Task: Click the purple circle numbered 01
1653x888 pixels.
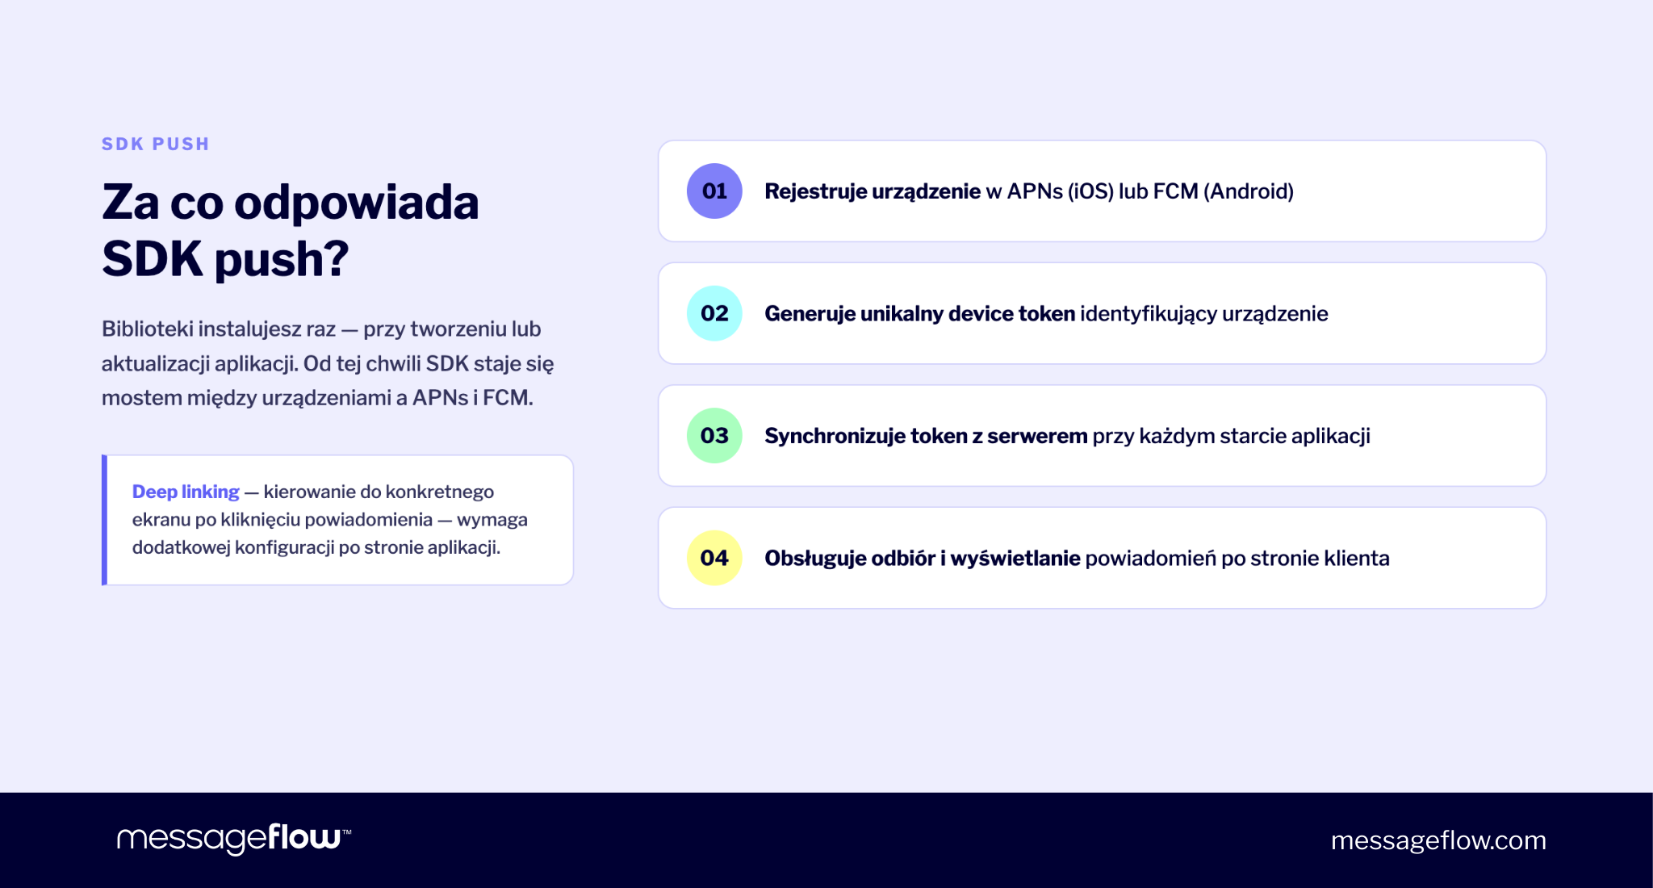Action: (x=714, y=191)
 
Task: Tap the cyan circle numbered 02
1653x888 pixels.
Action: (x=714, y=313)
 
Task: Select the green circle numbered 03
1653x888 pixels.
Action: (x=714, y=436)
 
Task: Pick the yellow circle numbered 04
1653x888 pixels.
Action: (x=714, y=558)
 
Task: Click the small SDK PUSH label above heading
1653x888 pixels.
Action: (x=156, y=145)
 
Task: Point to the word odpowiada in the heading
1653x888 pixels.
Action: (x=356, y=203)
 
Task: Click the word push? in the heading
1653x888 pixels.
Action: (x=282, y=260)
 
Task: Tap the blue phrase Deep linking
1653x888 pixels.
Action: (x=186, y=492)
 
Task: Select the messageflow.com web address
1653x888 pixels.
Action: (x=1438, y=840)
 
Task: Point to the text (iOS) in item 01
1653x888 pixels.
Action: (x=1090, y=191)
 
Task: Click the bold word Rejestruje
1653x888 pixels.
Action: (x=815, y=191)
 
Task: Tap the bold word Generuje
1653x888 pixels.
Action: (x=810, y=314)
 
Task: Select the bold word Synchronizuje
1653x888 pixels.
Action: (x=835, y=436)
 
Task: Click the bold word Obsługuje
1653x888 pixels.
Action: (x=814, y=559)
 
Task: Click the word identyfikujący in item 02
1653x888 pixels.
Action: (x=1149, y=314)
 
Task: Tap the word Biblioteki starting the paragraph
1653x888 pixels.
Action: (x=147, y=329)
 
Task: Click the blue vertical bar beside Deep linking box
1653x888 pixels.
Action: (x=104, y=520)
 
